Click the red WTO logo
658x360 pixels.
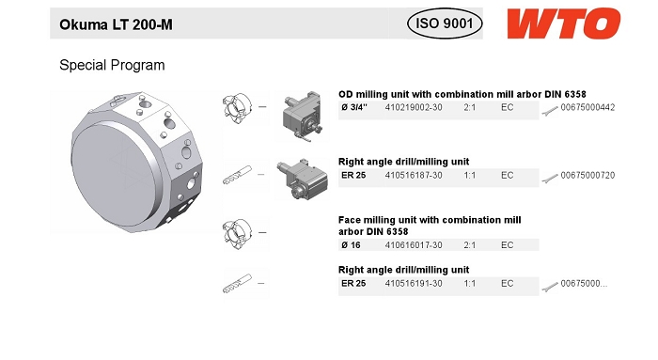point(564,23)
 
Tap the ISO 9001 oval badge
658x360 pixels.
point(445,23)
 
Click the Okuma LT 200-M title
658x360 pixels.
point(116,24)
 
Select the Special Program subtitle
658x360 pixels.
point(112,65)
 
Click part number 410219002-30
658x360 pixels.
point(414,107)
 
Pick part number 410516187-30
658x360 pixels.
point(414,176)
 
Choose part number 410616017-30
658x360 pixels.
point(414,245)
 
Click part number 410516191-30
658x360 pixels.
point(414,284)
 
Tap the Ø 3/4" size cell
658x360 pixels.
point(354,107)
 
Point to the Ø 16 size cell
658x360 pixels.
point(351,245)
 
